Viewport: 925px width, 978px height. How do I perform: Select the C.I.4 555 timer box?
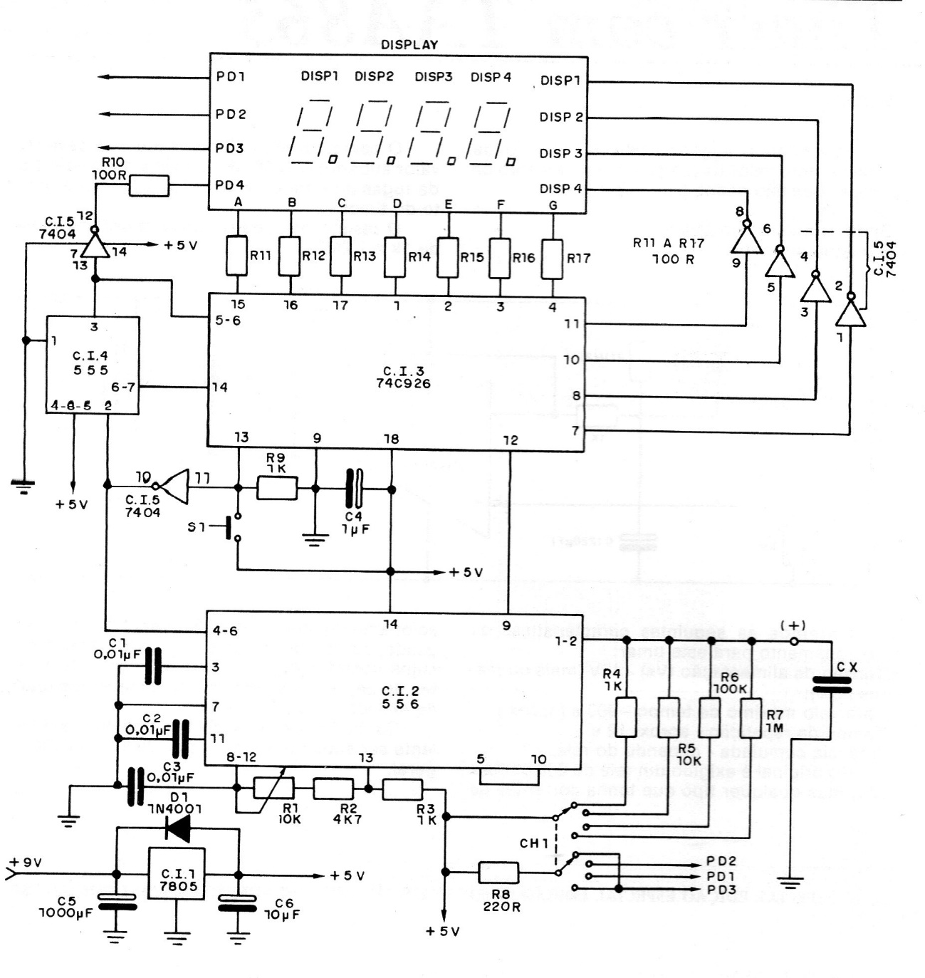(93, 365)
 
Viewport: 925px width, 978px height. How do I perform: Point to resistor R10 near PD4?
(149, 186)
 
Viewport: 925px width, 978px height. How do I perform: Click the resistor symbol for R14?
(395, 257)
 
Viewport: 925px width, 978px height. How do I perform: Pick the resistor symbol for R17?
(553, 258)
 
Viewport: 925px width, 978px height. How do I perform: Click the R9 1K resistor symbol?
(276, 488)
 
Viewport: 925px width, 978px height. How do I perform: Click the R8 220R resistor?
(498, 872)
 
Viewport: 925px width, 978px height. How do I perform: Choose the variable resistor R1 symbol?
(273, 789)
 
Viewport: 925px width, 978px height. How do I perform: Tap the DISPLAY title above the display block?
(409, 44)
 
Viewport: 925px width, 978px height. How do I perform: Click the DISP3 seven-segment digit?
(433, 132)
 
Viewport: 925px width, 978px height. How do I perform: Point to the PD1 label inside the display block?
(230, 77)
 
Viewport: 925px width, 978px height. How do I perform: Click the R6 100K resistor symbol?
(710, 717)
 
